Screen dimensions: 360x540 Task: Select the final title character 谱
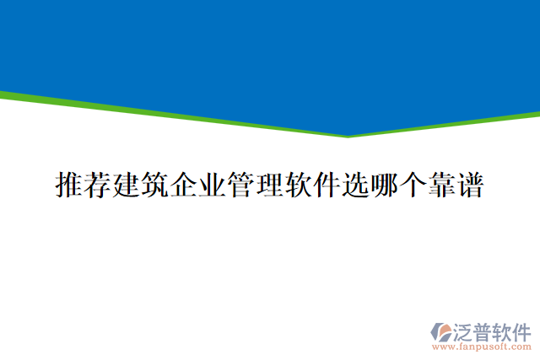click(x=470, y=185)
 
